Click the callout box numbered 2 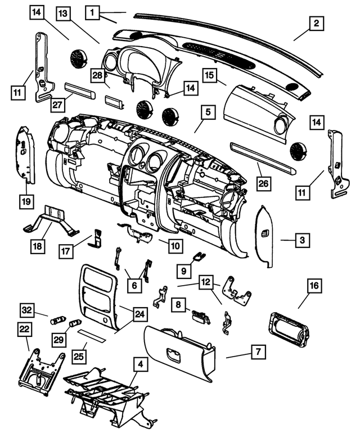click(316, 23)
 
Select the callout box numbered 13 click(63, 13)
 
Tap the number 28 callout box click(98, 75)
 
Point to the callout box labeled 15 click(210, 75)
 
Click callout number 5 click(208, 112)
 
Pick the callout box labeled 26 click(264, 183)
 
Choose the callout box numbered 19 click(26, 201)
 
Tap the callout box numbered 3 click(302, 240)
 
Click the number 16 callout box click(314, 285)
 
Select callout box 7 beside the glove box click(258, 352)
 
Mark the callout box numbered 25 click(79, 356)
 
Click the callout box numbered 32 click(27, 310)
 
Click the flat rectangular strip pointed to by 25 click(92, 336)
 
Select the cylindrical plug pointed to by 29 click(75, 323)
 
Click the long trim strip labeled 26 click(263, 157)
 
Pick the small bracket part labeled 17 click(95, 238)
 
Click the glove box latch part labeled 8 click(200, 317)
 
